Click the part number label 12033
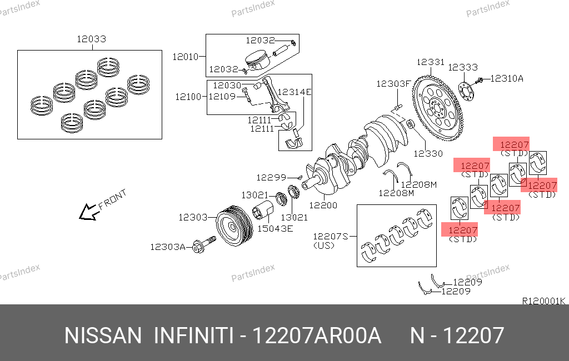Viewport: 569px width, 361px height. point(92,39)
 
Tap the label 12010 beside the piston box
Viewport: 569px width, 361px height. point(186,57)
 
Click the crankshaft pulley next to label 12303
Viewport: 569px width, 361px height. point(234,225)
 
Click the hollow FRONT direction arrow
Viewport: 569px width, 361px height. point(87,212)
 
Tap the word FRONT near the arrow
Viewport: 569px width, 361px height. point(112,199)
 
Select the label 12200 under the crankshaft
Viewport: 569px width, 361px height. point(323,205)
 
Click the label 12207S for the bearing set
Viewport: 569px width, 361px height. point(330,237)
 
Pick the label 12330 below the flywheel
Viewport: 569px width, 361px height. point(428,153)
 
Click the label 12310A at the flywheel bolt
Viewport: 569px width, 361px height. point(507,78)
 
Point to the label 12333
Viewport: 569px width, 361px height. point(463,67)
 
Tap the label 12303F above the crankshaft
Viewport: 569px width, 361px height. point(393,84)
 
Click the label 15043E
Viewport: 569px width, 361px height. point(275,229)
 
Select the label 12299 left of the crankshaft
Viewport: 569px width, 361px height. point(271,177)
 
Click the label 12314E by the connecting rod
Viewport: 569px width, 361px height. point(295,92)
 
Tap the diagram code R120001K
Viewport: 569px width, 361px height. point(543,301)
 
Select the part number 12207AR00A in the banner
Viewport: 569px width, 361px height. point(316,335)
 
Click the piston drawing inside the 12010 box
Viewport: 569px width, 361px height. point(257,60)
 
